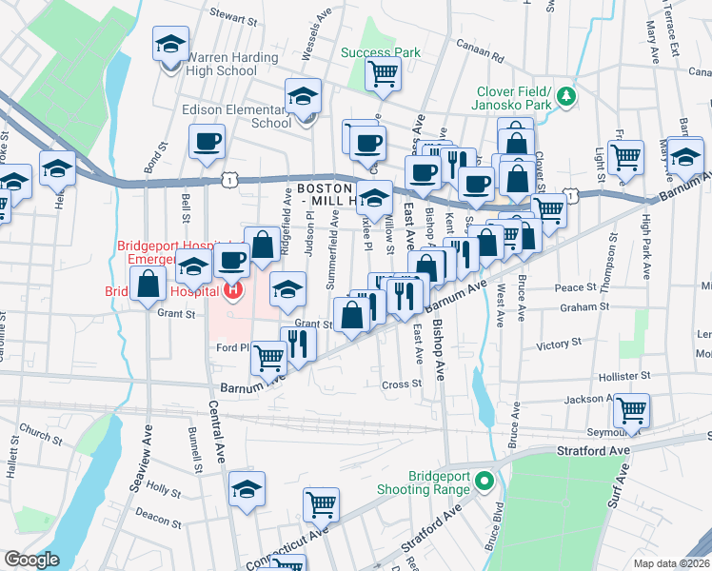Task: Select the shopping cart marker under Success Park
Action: (x=383, y=73)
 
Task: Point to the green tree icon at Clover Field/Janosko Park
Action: (x=566, y=95)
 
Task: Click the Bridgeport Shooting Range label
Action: (x=441, y=482)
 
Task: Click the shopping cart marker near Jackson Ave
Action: (x=631, y=411)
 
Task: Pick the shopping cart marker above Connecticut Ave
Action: (x=322, y=503)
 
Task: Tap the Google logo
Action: (x=31, y=560)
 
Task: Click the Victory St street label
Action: (x=558, y=345)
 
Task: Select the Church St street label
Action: (x=40, y=435)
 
